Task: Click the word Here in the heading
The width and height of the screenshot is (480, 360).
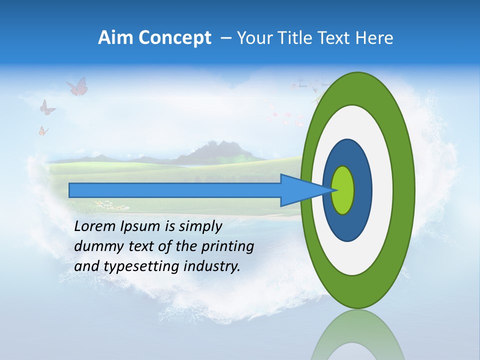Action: point(375,38)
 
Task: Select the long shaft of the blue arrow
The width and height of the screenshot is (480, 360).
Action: point(175,190)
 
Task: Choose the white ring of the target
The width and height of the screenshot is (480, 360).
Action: point(382,190)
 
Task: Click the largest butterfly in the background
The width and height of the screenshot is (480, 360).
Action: point(77,86)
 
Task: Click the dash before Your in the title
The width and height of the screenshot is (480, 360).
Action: point(226,38)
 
